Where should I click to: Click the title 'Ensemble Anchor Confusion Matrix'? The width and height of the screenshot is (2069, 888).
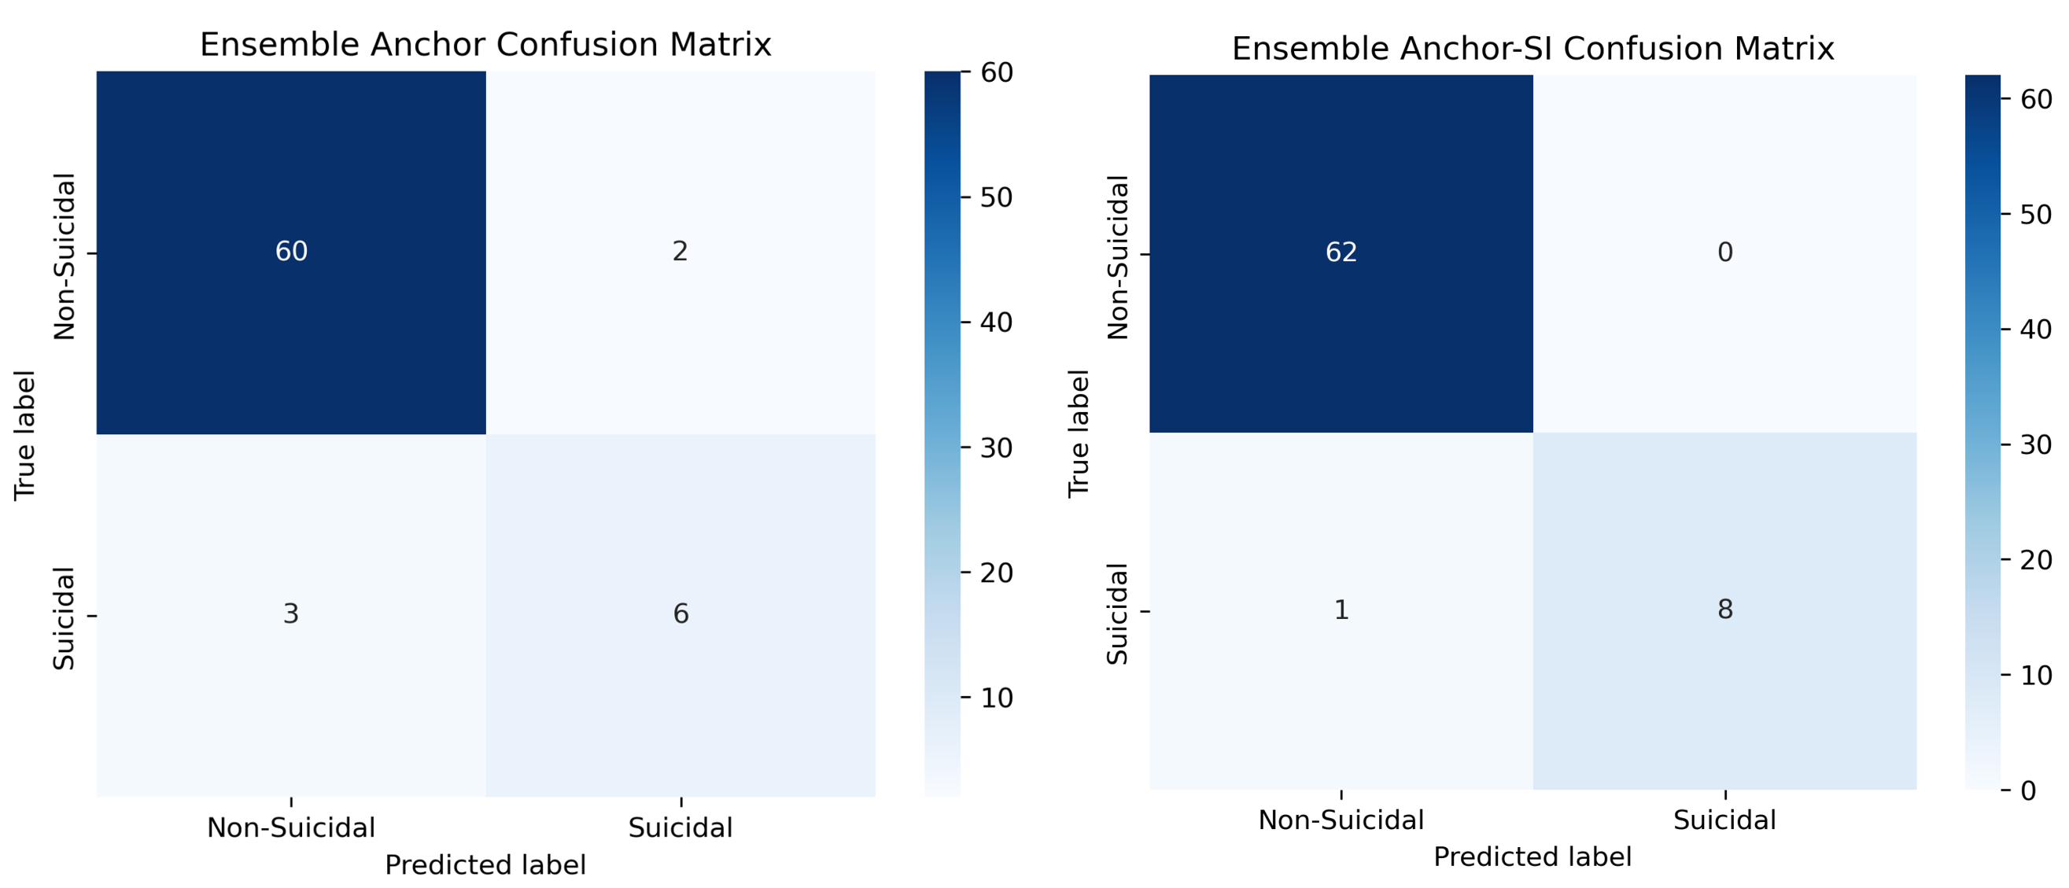tap(485, 45)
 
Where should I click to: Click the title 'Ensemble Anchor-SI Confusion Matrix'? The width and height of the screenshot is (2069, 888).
tap(1532, 49)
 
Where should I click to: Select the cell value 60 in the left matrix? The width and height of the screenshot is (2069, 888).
tap(291, 252)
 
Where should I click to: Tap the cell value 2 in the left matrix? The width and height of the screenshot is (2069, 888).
tap(680, 252)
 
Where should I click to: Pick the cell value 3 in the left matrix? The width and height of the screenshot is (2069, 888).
tap(291, 614)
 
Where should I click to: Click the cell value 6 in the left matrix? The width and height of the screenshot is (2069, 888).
tap(680, 614)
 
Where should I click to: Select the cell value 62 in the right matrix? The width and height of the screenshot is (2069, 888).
tap(1341, 253)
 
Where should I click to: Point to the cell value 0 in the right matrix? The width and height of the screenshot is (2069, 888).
tap(1724, 253)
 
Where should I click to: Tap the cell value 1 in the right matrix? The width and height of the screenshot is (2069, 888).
tap(1341, 610)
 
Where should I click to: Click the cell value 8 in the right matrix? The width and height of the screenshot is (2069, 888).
tap(1724, 610)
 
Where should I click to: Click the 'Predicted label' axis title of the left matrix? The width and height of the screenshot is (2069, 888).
tap(485, 865)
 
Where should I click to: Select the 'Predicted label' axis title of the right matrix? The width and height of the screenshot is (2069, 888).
tap(1532, 857)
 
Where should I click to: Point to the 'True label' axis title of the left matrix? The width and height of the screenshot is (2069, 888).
tap(26, 435)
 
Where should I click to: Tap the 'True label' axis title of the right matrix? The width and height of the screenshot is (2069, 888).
tap(1079, 433)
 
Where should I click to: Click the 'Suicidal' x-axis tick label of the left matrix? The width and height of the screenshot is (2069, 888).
tap(680, 827)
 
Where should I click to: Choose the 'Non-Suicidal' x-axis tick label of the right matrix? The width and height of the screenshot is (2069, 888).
tap(1341, 820)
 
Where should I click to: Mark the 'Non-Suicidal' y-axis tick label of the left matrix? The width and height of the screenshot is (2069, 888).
tap(65, 257)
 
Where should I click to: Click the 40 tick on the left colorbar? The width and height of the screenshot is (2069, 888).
tap(996, 322)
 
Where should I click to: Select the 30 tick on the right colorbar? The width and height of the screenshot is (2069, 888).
tap(2035, 445)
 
